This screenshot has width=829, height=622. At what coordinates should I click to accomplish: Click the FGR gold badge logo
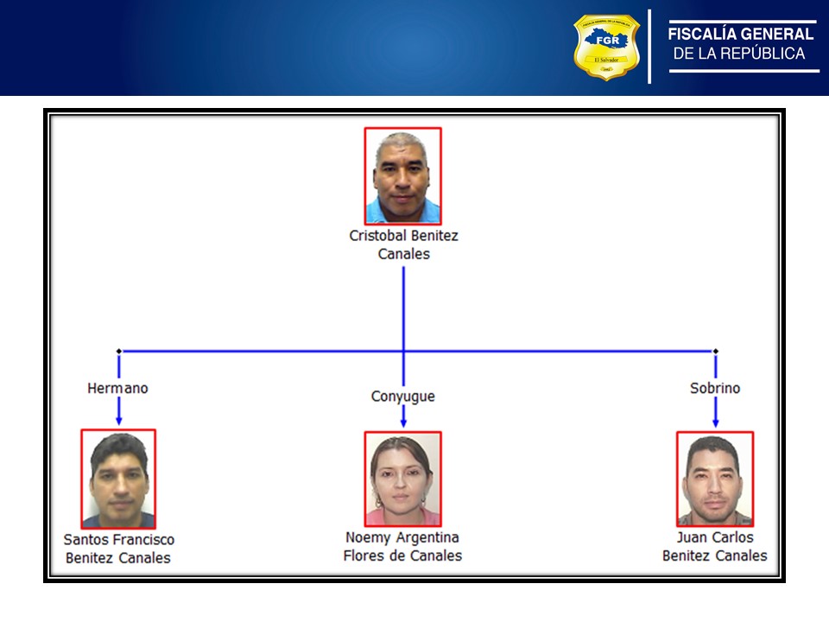(x=606, y=47)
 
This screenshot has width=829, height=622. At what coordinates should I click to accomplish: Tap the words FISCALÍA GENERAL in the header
(x=741, y=35)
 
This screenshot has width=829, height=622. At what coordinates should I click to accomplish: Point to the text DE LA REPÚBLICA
(x=739, y=54)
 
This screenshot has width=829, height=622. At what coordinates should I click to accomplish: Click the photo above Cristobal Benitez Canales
(x=402, y=176)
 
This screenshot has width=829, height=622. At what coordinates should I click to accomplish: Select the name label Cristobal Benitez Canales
(x=403, y=244)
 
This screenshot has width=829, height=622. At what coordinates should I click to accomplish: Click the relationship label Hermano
(x=117, y=389)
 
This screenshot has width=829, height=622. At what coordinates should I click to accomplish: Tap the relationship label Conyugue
(x=403, y=397)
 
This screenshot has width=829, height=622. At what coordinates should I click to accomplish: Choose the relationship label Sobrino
(x=715, y=389)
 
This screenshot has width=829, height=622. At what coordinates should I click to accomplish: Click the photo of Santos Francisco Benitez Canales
(x=118, y=479)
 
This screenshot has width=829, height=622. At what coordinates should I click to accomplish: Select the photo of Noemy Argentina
(x=402, y=479)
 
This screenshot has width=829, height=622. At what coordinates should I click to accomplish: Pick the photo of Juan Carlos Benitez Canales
(x=715, y=479)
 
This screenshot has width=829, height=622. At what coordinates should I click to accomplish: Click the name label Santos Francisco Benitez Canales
(x=118, y=549)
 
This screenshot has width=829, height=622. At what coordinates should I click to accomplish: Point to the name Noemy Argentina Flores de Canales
(x=402, y=547)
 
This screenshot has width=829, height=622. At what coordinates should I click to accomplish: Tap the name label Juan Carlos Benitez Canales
(x=715, y=547)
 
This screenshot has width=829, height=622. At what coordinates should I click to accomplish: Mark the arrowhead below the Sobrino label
(x=715, y=421)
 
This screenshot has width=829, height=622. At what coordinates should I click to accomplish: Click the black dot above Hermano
(x=118, y=351)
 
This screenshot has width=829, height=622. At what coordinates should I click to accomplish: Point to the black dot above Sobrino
(x=715, y=351)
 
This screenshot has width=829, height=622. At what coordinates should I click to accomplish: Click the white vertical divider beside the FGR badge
(x=649, y=47)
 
